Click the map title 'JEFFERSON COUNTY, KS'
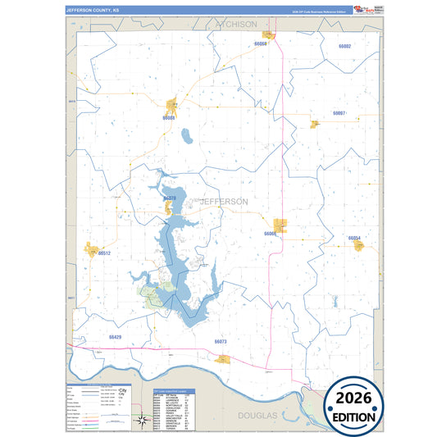[x=92, y=11]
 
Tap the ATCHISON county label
[x=235, y=25]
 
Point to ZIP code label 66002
[x=344, y=47]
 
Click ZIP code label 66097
[x=339, y=112]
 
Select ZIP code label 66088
[x=169, y=118]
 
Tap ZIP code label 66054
[x=354, y=238]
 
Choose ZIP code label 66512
[x=103, y=254]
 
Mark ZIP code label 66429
[x=115, y=337]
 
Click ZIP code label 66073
[x=220, y=341]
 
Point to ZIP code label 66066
[x=271, y=234]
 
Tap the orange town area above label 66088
[x=172, y=105]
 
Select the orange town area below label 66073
[x=224, y=358]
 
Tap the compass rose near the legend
[x=141, y=421]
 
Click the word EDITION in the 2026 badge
[x=376, y=417]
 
